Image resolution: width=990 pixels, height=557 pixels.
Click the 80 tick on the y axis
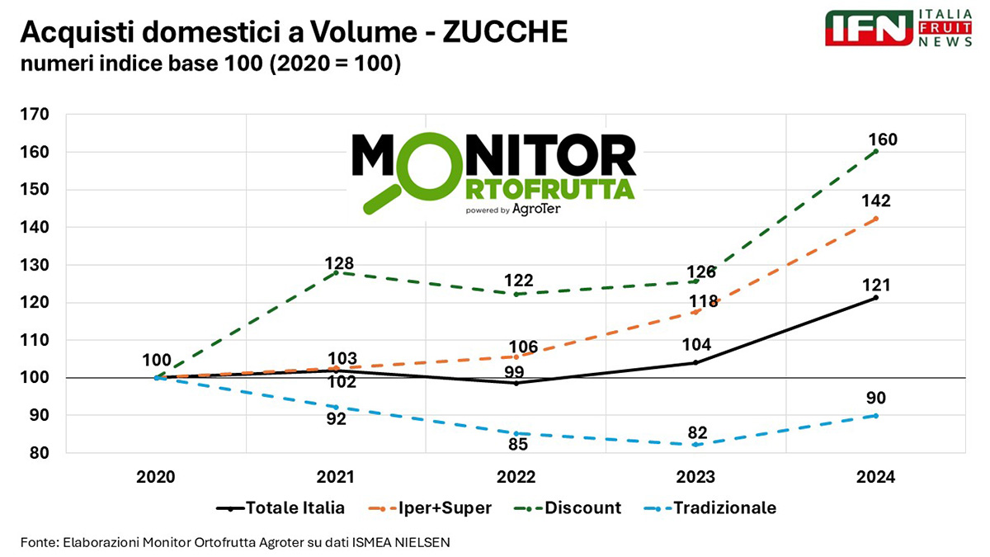click(38, 453)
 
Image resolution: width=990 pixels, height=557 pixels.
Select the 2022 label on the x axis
click(516, 478)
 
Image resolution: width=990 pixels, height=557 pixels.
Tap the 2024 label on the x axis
click(875, 478)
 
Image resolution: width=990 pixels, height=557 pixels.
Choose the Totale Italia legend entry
click(280, 507)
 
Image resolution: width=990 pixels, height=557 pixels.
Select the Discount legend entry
click(570, 507)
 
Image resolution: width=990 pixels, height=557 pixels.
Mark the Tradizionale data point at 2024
click(875, 415)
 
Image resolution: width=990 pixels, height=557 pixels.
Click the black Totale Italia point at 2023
click(695, 362)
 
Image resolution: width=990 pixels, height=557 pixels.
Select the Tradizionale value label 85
click(517, 443)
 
